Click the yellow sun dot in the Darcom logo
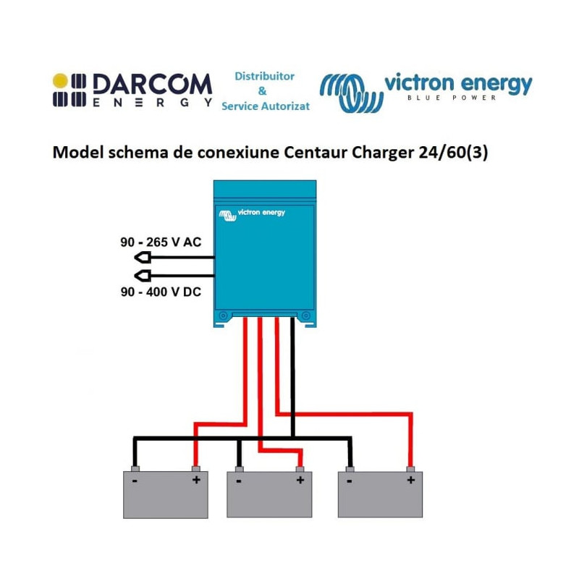(x=60, y=80)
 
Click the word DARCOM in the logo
(x=152, y=85)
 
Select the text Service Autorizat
(x=265, y=106)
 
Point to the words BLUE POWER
(x=452, y=98)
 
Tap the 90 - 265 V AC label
(x=161, y=242)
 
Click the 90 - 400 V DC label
(x=161, y=292)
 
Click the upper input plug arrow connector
(x=143, y=257)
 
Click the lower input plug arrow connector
(x=143, y=275)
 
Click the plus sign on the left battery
(x=195, y=480)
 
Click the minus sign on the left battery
(x=135, y=480)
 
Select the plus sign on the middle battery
(x=300, y=480)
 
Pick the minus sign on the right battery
(x=350, y=480)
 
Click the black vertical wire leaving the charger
(x=292, y=376)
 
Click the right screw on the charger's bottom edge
(x=305, y=316)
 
